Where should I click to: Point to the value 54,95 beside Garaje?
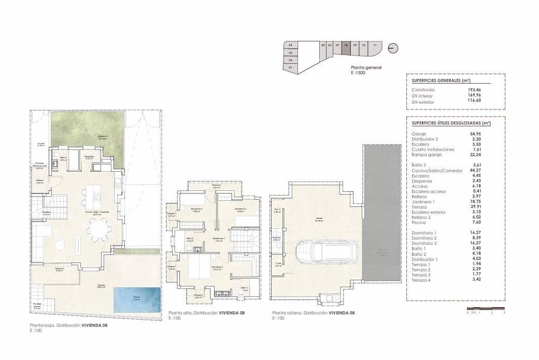(475, 134)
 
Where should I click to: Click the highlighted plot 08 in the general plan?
(346, 45)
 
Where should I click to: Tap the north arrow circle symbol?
(393, 48)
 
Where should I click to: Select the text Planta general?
(366, 68)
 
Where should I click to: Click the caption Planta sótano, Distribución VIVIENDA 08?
(314, 313)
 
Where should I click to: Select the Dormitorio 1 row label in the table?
(424, 233)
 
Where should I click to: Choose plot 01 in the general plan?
(291, 67)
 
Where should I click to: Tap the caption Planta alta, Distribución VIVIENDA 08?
(206, 313)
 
